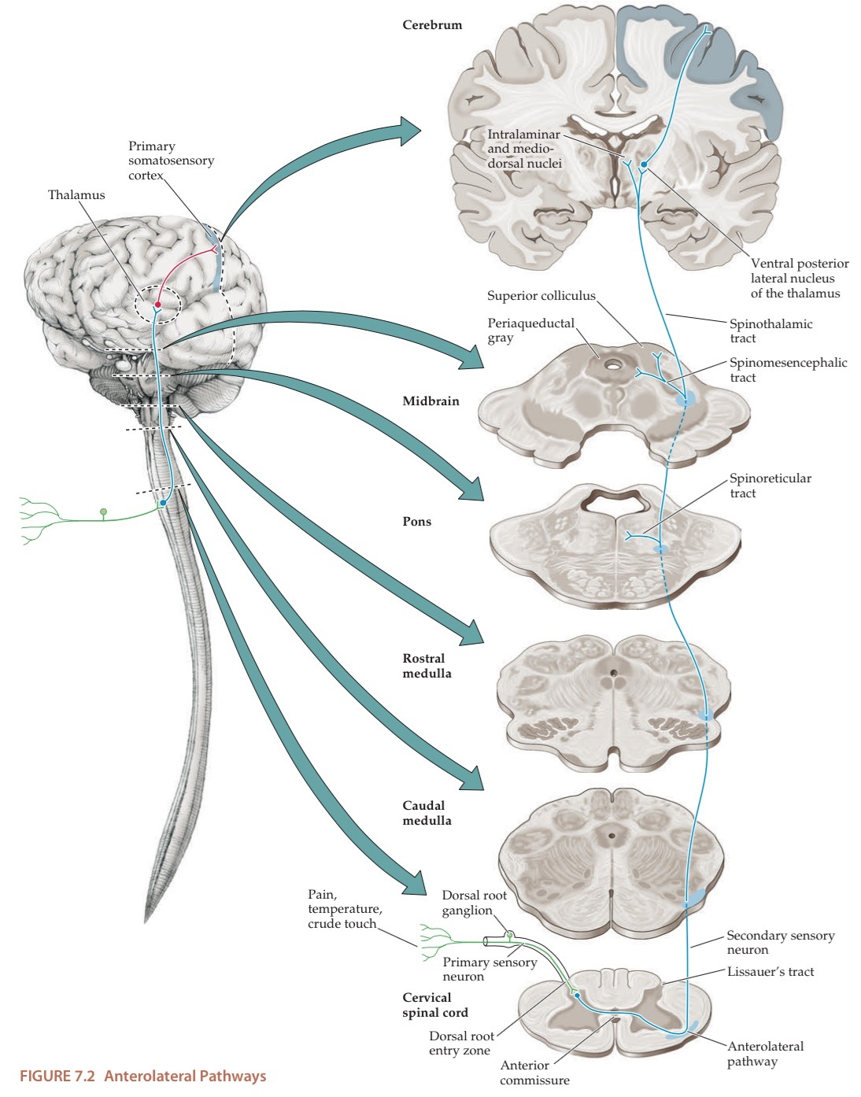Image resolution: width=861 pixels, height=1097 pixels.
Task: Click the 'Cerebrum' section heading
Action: (x=432, y=25)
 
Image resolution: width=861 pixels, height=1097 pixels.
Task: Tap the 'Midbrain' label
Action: (x=430, y=401)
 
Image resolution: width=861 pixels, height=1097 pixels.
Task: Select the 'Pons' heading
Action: (x=417, y=522)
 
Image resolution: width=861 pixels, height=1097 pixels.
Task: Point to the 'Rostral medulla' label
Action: (x=427, y=666)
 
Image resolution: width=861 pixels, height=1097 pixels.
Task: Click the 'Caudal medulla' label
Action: (x=427, y=813)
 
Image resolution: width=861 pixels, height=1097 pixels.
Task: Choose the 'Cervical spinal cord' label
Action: (x=435, y=1005)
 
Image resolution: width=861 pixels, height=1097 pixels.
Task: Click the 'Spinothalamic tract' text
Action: (x=770, y=331)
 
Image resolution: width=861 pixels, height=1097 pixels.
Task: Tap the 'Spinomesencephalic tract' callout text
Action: (x=788, y=370)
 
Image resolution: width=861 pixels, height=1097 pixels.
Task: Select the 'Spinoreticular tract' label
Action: (x=770, y=486)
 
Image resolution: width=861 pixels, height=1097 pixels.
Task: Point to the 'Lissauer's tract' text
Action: (x=770, y=972)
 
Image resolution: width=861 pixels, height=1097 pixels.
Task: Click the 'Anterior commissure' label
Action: (x=534, y=1073)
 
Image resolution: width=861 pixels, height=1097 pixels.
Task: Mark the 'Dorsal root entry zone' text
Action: (x=461, y=1043)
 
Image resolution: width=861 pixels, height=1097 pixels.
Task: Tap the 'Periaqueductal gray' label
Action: (x=530, y=331)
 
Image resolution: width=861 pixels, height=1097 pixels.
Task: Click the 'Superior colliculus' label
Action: (x=541, y=296)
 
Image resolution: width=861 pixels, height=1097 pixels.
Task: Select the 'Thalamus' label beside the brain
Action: (x=76, y=195)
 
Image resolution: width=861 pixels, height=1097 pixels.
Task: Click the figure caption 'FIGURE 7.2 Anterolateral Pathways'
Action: (x=142, y=1077)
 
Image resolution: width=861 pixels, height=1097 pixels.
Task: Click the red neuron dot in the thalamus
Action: (x=158, y=304)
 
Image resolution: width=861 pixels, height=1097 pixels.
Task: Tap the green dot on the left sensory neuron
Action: (x=103, y=512)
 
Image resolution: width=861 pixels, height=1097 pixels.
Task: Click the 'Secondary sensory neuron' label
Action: (x=780, y=943)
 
